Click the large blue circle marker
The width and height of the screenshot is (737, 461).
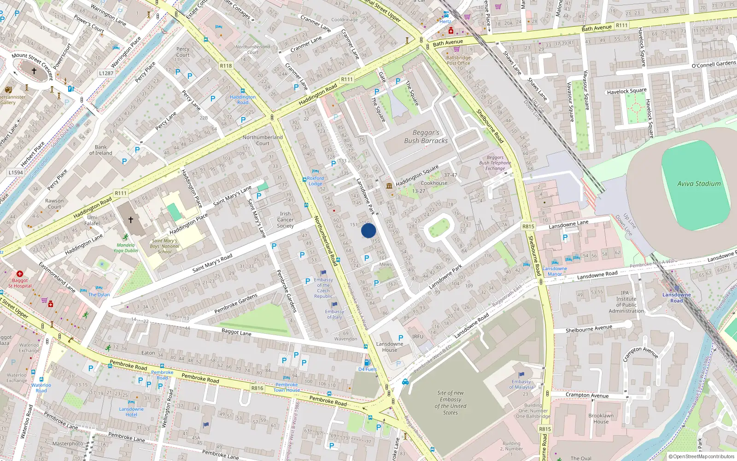pos(368,230)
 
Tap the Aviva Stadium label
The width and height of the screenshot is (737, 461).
pos(699,183)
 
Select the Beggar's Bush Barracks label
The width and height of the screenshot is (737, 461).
pos(426,136)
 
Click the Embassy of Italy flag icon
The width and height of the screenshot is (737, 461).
pos(335,305)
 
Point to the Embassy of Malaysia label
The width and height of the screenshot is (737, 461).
pos(521,384)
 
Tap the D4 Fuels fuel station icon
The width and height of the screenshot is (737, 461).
pos(367,363)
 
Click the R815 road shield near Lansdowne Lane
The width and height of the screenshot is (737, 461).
pos(528,226)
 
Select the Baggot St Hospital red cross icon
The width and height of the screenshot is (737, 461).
pos(20,274)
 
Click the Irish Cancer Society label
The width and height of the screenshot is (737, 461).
pos(285,219)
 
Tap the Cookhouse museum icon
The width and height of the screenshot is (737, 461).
pos(390,186)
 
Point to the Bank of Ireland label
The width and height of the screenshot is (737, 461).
pos(101,150)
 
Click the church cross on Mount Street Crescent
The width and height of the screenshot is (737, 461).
pos(34,71)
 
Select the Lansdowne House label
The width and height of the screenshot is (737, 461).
pos(389,347)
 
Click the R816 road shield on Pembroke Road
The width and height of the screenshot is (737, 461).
pos(257,388)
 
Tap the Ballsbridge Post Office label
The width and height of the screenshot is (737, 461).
pos(458,60)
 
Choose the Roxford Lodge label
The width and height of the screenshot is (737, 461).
pos(316,181)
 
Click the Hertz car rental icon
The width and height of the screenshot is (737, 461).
pos(446,15)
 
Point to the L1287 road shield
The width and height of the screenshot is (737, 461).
pos(106,73)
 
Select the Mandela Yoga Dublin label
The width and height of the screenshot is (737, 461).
pos(125,248)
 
